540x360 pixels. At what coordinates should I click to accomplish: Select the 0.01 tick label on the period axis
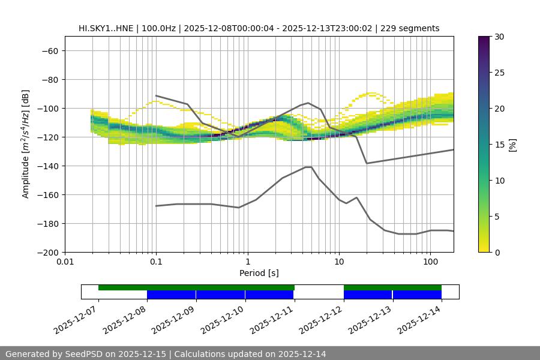[65, 262]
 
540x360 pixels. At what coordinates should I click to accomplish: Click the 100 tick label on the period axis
[430, 262]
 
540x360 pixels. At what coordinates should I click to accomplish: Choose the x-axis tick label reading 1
[247, 262]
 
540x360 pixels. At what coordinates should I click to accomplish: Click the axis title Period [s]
[259, 273]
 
